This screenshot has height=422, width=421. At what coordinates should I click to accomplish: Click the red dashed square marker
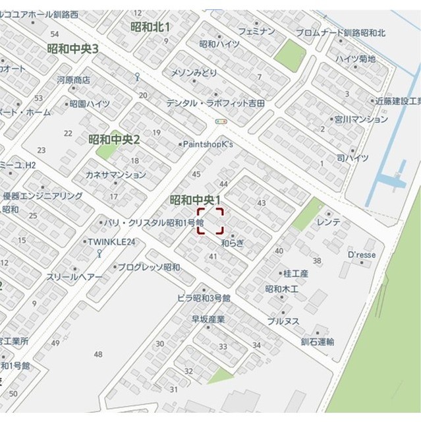click(x=211, y=221)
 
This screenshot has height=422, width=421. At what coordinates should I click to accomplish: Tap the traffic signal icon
click(x=221, y=121)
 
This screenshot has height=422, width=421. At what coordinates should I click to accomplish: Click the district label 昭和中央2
click(x=115, y=140)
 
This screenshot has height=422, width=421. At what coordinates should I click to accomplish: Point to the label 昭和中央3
click(x=72, y=49)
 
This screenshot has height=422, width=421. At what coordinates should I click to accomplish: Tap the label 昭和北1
click(x=150, y=27)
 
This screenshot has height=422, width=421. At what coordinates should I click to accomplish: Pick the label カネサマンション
click(x=116, y=175)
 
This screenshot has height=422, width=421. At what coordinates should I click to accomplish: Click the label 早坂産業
click(x=208, y=319)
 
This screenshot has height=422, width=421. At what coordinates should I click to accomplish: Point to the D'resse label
click(x=361, y=255)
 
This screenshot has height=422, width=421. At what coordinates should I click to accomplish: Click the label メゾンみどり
click(x=194, y=72)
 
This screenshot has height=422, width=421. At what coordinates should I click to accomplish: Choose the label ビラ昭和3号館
click(x=204, y=298)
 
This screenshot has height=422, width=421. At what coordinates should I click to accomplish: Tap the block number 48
click(x=98, y=354)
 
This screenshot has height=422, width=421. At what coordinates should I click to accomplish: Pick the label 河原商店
click(x=73, y=80)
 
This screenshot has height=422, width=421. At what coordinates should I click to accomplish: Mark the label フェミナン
click(x=257, y=31)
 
